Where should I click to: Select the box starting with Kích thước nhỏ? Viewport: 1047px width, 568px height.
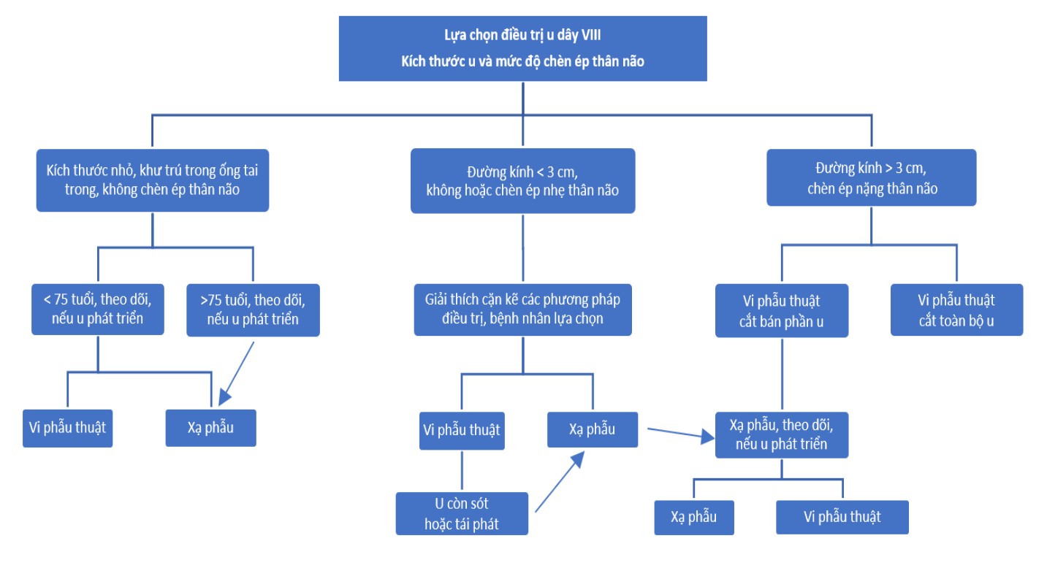152,180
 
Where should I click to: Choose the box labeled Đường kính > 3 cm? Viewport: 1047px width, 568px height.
871,177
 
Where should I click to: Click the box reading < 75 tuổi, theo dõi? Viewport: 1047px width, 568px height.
97,310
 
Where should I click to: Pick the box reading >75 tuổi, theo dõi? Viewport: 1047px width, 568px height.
253,310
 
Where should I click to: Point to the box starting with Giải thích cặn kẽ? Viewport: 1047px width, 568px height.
522,310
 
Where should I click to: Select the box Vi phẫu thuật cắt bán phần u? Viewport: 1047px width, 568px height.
781,310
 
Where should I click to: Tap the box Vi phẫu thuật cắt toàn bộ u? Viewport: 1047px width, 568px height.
956,310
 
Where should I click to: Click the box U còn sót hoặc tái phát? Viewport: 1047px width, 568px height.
462,513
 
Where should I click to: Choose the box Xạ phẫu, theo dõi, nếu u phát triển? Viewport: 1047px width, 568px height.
781,434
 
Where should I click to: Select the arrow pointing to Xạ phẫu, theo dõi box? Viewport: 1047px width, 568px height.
679,434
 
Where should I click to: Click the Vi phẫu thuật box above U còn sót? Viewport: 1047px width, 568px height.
461,430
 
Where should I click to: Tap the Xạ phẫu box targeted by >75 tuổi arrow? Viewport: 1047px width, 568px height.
210,427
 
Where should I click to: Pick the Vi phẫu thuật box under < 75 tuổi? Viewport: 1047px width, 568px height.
68,426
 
